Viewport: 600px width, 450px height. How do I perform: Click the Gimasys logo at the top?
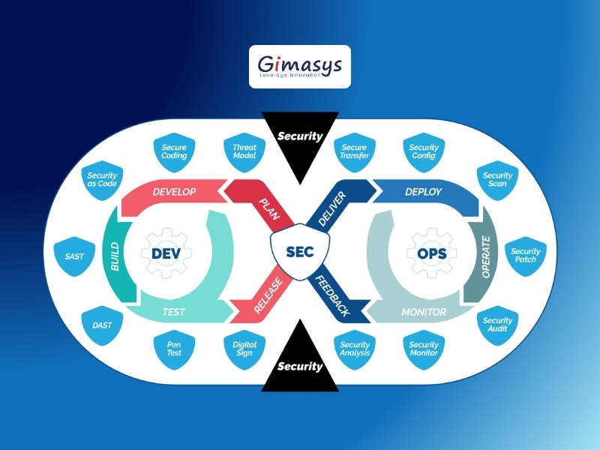point(299,67)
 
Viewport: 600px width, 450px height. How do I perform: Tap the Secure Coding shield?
point(174,152)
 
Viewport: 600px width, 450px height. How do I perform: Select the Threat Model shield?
point(244,152)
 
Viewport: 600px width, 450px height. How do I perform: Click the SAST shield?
point(74,256)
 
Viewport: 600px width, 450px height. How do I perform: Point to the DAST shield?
point(102,325)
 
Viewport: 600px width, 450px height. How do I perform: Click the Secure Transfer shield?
point(354,152)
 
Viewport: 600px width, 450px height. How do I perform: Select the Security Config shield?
point(424,152)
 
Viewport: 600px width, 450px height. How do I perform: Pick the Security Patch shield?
point(526,256)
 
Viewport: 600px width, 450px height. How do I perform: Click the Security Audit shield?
point(497,325)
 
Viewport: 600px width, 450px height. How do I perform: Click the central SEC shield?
point(300,252)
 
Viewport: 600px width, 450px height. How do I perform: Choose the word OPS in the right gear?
point(432,253)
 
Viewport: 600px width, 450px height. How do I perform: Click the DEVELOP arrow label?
point(174,192)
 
